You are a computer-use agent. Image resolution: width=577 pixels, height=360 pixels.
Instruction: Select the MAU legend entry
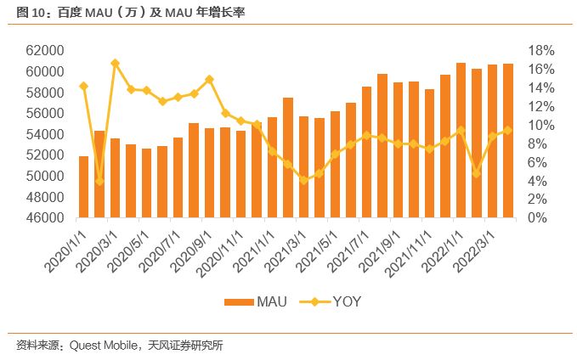click(254, 301)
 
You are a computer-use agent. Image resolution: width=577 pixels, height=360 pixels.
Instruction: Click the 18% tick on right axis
click(542, 51)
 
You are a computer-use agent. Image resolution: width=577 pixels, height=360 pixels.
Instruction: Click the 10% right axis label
click(542, 126)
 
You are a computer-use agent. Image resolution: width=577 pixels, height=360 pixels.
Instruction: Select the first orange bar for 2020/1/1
click(83, 187)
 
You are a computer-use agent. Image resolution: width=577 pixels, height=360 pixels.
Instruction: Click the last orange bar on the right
click(507, 141)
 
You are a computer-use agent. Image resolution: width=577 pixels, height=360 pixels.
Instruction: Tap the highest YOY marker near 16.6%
click(115, 64)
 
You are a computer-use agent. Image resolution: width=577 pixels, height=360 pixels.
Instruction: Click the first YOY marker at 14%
click(83, 86)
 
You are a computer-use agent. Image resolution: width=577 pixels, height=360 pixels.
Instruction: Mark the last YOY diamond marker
click(507, 130)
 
